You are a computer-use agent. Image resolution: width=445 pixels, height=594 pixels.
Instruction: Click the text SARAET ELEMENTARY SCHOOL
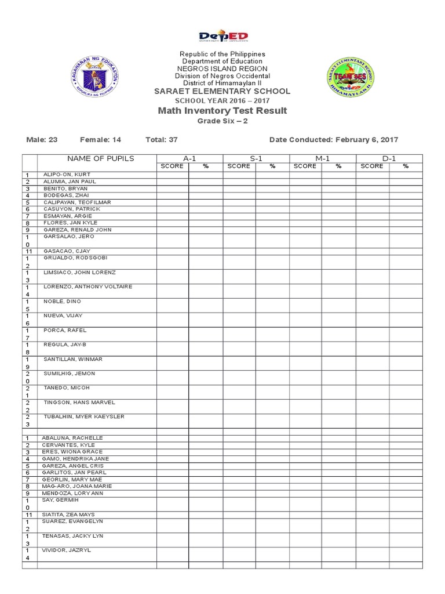[222, 92]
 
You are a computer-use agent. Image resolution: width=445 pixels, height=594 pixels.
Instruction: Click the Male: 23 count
[46, 140]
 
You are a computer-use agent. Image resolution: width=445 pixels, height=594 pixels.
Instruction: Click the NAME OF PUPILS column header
[100, 158]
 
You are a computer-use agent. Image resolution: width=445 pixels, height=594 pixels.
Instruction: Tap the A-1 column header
[189, 158]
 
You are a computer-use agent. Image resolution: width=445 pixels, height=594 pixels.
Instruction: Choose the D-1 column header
[389, 158]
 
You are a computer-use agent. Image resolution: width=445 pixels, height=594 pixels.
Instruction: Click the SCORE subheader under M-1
[305, 166]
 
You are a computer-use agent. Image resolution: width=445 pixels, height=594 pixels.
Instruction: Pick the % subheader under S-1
[272, 166]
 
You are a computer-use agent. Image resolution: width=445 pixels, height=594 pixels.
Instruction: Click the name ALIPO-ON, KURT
[66, 175]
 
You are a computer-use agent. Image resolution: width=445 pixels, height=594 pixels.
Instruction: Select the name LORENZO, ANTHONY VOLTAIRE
[87, 287]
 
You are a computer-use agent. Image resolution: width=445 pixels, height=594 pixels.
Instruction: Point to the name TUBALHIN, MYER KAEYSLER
[84, 416]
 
